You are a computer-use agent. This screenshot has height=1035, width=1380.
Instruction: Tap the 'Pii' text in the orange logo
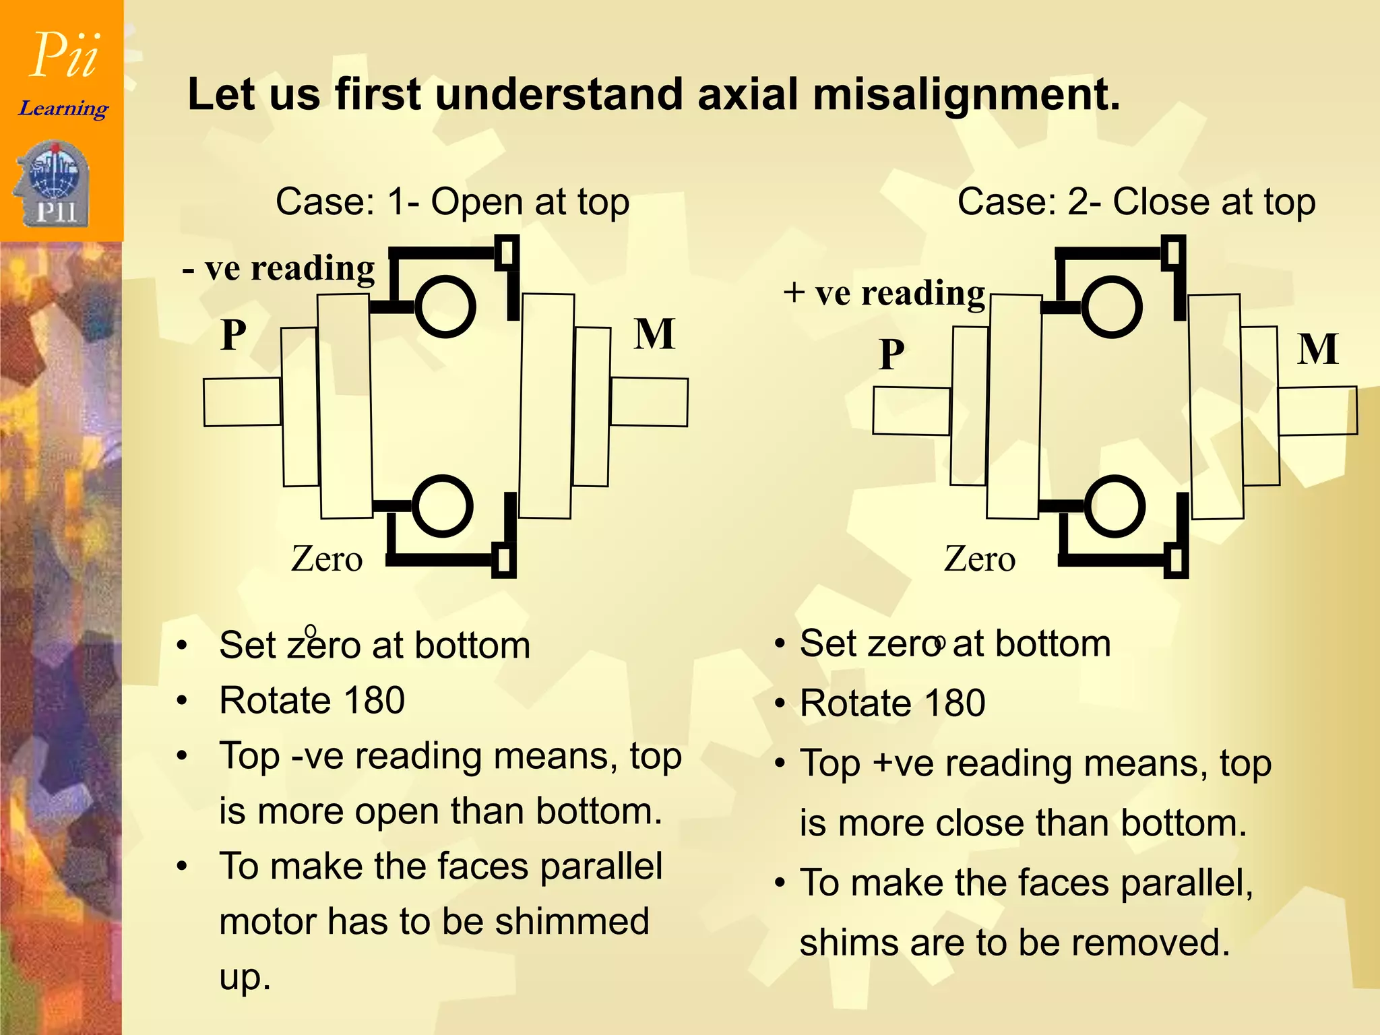[x=65, y=55]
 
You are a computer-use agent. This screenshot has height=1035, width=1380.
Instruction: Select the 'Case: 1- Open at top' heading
[x=452, y=202]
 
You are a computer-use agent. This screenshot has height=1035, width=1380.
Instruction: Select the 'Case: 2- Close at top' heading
[x=1136, y=202]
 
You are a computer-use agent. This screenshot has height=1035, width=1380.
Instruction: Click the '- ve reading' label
[x=279, y=269]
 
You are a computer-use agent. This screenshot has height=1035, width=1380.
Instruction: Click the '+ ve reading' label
[x=884, y=293]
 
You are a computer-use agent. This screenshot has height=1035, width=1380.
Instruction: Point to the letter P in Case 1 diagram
[x=234, y=335]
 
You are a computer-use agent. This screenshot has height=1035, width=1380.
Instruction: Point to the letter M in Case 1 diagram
[x=654, y=334]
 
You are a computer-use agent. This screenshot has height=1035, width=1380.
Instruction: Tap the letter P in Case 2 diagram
[x=891, y=354]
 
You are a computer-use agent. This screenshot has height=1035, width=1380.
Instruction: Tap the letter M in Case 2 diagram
[x=1318, y=349]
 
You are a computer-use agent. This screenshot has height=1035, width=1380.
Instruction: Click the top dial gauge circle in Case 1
[x=445, y=307]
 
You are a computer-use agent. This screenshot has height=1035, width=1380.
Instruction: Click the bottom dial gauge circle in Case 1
[x=441, y=506]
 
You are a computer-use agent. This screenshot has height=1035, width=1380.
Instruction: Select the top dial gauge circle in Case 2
[x=1112, y=307]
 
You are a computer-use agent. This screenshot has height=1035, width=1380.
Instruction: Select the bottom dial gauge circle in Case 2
[x=1115, y=506]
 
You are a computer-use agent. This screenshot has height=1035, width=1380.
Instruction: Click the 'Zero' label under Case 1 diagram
[x=327, y=559]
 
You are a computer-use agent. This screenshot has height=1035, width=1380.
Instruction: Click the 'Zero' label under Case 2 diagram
[x=979, y=559]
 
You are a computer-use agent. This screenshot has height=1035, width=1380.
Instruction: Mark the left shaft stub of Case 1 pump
[x=242, y=402]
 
